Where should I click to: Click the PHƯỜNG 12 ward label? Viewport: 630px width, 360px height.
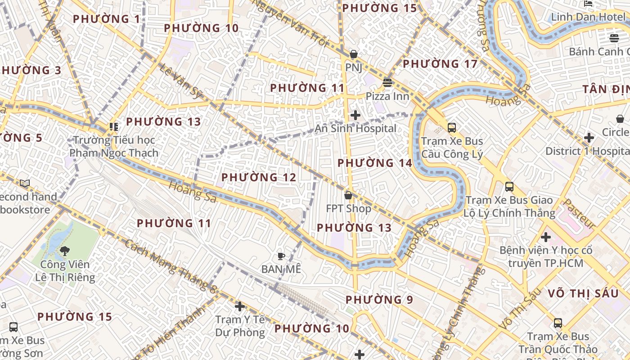point(259,178)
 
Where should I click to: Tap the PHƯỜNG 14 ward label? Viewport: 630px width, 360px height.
point(374,163)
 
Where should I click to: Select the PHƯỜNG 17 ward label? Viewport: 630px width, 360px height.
point(440,64)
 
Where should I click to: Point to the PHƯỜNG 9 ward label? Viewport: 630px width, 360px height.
point(379,300)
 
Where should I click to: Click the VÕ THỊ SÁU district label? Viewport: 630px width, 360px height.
point(583,293)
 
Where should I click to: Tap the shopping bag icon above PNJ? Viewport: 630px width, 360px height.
point(354,54)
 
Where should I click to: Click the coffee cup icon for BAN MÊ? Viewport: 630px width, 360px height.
point(281,256)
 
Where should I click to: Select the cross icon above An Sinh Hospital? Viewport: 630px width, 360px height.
point(355,115)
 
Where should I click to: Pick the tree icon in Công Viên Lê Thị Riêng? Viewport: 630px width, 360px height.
point(65,251)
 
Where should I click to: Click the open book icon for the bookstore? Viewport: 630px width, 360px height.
point(25,183)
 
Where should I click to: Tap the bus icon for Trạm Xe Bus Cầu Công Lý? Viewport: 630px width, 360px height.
point(452,127)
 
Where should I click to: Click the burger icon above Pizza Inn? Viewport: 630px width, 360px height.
point(387,82)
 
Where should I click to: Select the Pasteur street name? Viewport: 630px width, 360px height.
point(579,213)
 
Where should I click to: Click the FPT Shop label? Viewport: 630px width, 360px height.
point(349,209)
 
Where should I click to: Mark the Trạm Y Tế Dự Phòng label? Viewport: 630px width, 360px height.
point(240,326)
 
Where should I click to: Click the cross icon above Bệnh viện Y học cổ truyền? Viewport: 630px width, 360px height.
point(546,237)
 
